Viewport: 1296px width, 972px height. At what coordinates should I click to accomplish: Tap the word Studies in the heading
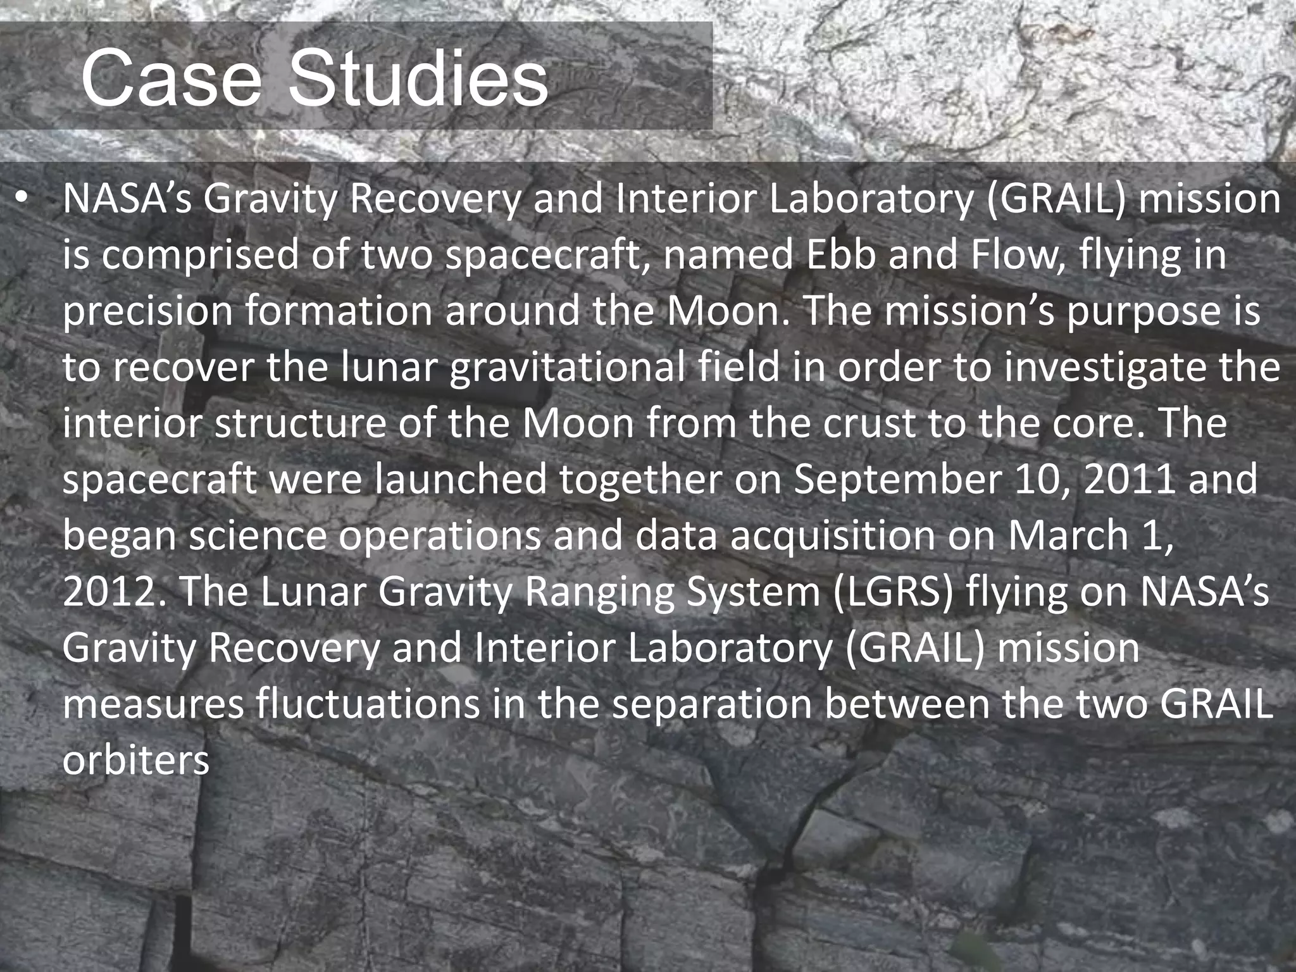418,80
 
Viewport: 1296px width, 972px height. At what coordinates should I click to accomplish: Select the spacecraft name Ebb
832,255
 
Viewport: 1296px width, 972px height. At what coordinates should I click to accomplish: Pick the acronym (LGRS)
892,592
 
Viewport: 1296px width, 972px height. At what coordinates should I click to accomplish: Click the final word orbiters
135,759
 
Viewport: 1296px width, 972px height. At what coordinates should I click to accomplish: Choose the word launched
461,480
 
